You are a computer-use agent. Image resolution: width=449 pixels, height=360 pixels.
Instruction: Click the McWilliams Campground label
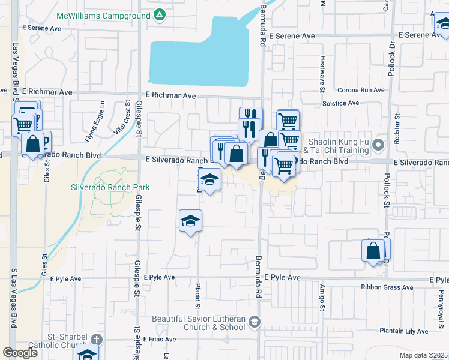[103, 15]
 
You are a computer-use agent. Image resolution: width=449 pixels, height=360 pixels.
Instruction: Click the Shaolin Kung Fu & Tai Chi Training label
[338, 146]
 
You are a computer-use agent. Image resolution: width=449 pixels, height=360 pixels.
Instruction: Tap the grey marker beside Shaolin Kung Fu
[378, 145]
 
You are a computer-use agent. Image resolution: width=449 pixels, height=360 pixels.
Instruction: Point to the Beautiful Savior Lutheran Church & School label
[199, 323]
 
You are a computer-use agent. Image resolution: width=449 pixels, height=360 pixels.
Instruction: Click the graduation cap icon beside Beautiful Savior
[255, 323]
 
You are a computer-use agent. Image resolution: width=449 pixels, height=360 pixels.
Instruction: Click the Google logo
[20, 353]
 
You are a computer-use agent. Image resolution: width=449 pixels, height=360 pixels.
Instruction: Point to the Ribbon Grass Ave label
[387, 287]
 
